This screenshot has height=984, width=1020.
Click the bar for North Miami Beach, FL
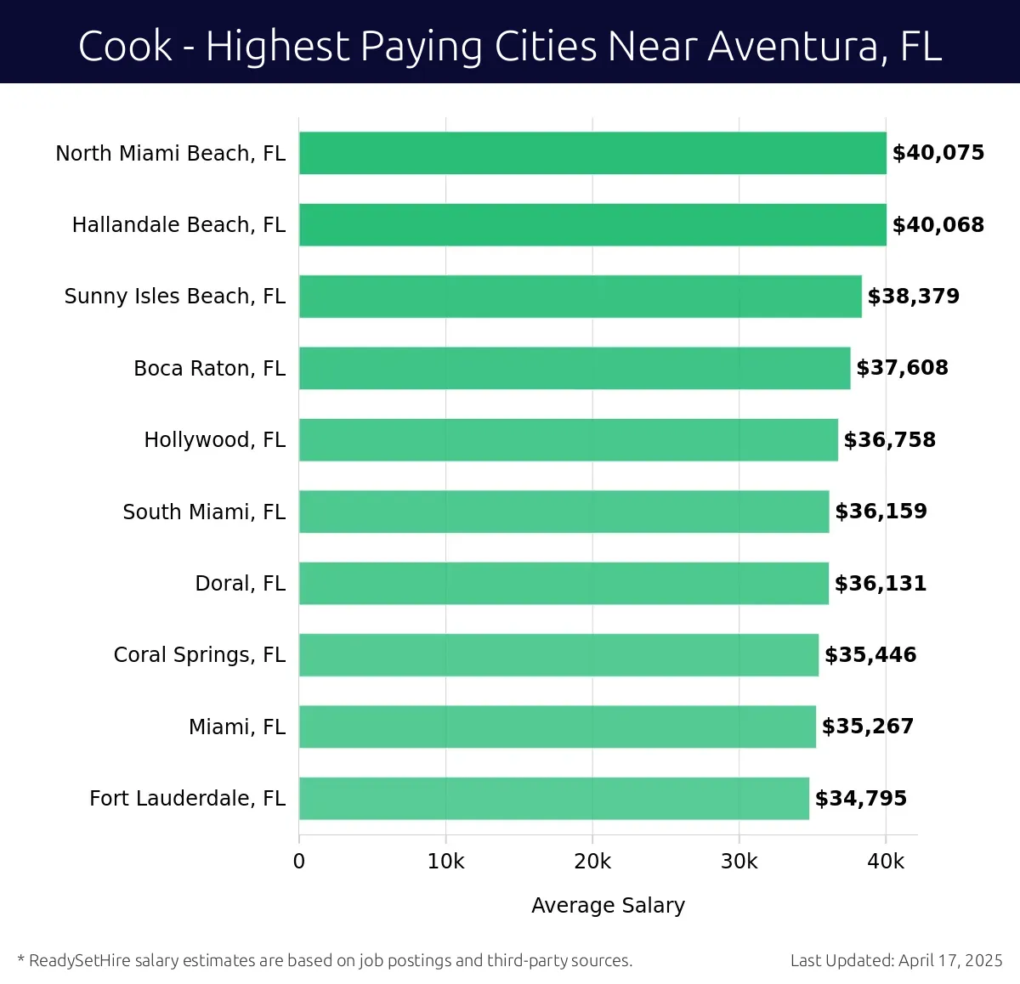coord(592,153)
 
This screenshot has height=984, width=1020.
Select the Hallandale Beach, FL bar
coord(592,224)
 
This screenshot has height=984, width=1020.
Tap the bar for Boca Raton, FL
coord(575,368)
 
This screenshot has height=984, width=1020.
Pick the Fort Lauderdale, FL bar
coord(554,798)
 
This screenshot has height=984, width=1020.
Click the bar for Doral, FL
coord(564,583)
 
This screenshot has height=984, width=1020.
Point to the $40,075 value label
coord(938,153)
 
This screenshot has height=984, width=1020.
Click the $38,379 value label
coord(913,296)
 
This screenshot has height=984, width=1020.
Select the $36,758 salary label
coord(889,439)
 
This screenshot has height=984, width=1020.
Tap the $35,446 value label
coord(870,654)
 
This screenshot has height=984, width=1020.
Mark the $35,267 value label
coord(867,727)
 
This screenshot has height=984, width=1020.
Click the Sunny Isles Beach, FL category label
coord(175,297)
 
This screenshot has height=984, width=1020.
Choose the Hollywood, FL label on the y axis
coord(214,440)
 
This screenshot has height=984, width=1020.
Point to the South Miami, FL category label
coord(204,512)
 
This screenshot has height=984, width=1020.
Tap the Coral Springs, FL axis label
coord(200,655)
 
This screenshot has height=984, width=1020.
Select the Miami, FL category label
coord(237,727)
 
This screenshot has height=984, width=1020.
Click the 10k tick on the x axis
coord(445,862)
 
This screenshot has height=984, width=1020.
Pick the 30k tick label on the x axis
coord(739,862)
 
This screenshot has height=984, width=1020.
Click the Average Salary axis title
coord(608,906)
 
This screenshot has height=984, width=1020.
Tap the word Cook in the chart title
coord(125,46)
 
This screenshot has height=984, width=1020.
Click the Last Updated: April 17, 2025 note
coord(896,960)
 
